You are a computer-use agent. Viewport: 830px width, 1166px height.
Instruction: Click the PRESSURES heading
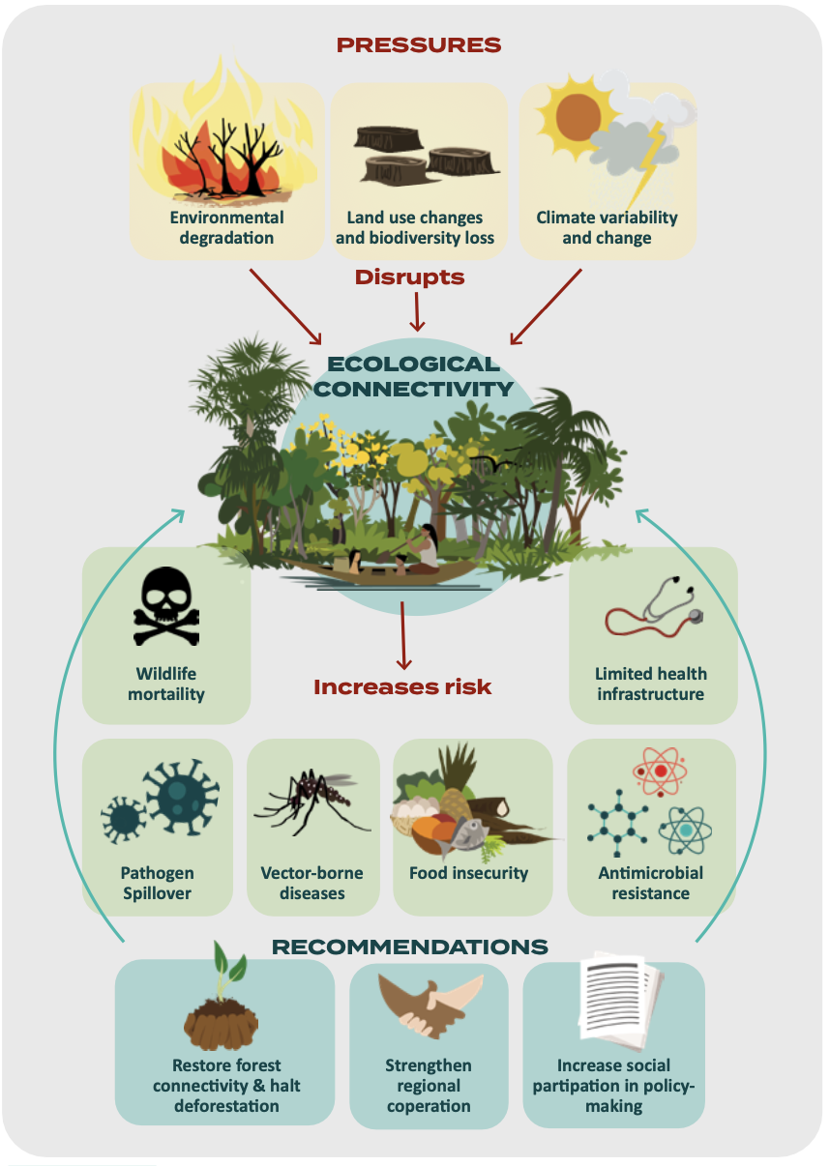pos(419,45)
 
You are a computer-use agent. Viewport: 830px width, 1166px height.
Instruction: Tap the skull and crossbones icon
pos(166,606)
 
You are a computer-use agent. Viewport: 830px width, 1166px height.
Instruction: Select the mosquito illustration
pos(312,801)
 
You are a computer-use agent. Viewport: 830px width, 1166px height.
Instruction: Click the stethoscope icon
pos(655,607)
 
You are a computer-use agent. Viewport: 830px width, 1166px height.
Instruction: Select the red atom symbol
pos(660,772)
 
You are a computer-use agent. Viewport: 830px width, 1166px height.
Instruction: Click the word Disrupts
pos(410,277)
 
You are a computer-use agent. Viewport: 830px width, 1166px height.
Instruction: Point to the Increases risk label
pos(402,687)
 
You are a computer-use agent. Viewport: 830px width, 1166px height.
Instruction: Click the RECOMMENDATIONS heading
pos(410,947)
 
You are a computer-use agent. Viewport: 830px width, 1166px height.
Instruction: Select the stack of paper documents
pos(621,1000)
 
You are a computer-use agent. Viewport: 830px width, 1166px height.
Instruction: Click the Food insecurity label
pos(468,873)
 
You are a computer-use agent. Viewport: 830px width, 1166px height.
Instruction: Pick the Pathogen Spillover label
pos(158,883)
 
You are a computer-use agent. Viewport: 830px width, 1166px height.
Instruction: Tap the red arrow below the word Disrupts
pos(417,311)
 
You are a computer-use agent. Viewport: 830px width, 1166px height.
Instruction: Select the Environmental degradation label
pos(226,227)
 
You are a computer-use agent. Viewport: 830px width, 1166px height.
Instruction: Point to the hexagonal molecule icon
pos(617,823)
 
